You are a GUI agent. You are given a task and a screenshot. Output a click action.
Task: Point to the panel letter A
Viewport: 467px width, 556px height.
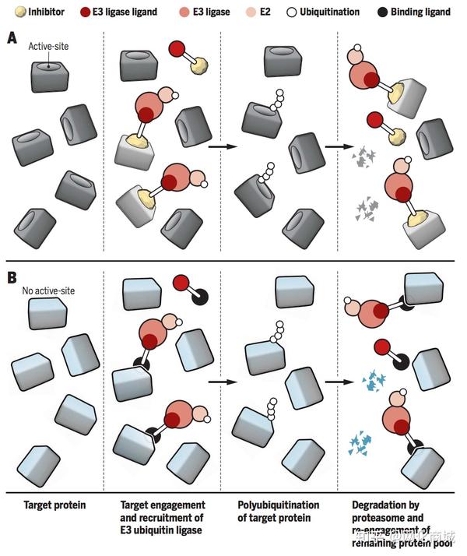click(x=12, y=37)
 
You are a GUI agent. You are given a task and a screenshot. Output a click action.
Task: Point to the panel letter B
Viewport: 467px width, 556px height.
click(x=12, y=276)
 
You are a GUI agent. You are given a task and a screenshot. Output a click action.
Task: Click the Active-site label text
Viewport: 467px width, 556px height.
click(x=49, y=48)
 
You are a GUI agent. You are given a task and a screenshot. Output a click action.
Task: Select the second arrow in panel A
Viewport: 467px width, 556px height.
click(x=335, y=146)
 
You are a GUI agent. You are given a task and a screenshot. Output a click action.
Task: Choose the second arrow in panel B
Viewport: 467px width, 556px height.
click(x=335, y=382)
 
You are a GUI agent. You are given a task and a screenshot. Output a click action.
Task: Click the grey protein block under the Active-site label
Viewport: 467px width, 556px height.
click(x=51, y=76)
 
